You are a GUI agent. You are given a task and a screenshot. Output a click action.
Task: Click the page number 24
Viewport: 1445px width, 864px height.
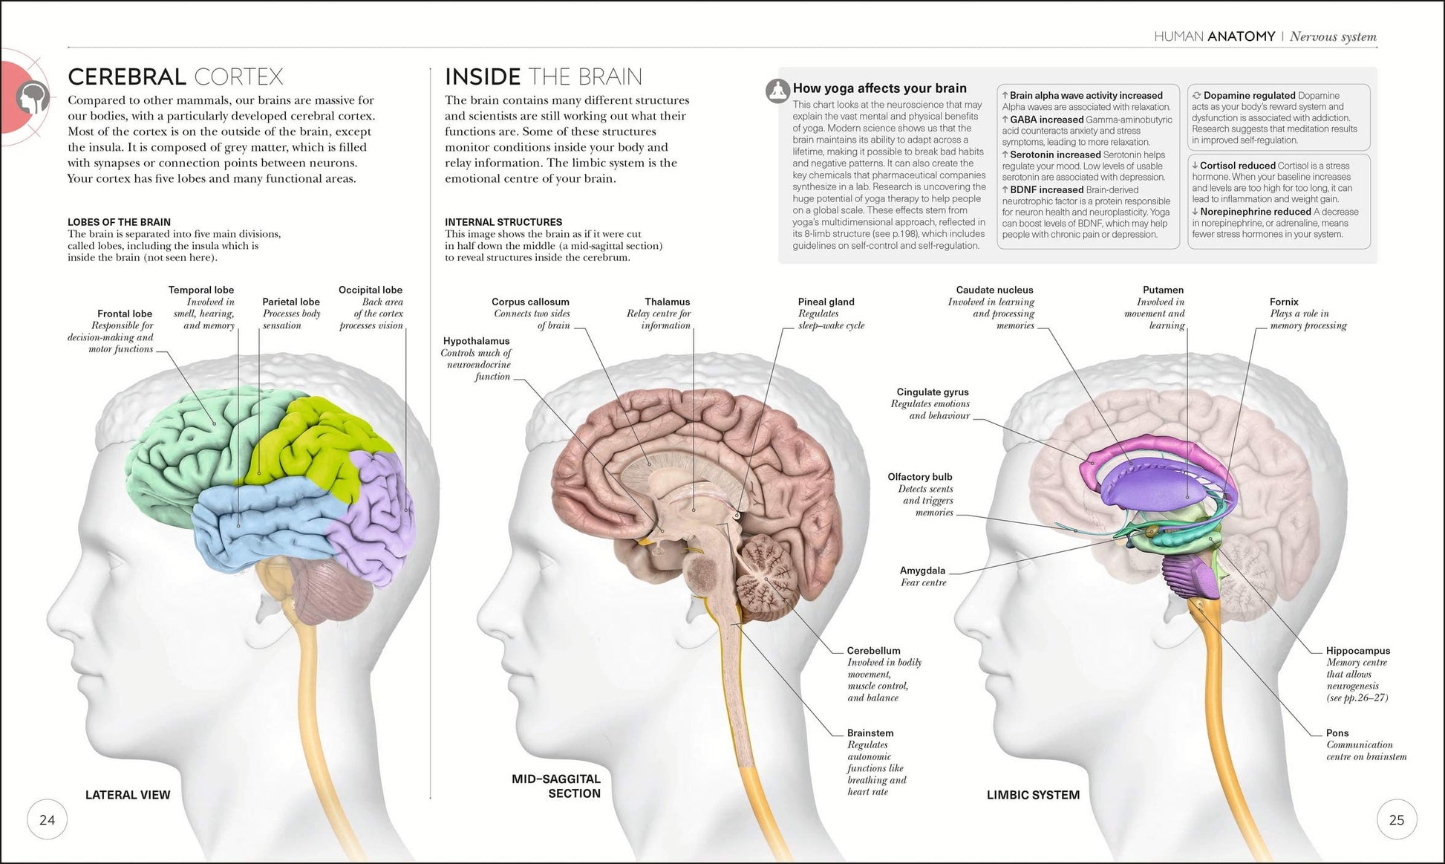pyautogui.click(x=47, y=820)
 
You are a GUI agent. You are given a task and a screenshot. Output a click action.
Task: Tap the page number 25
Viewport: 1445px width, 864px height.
pyautogui.click(x=1396, y=820)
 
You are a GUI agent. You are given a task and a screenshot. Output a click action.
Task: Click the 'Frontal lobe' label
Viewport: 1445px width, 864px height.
pyautogui.click(x=125, y=314)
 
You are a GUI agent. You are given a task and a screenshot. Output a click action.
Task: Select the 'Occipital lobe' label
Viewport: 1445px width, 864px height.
pyautogui.click(x=371, y=290)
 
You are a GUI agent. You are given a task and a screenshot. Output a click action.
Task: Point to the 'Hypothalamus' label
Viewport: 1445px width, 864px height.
pyautogui.click(x=477, y=341)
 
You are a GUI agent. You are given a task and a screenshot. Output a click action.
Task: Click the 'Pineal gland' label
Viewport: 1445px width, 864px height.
pyautogui.click(x=826, y=302)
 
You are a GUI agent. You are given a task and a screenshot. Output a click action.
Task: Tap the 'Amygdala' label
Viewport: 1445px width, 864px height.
pyautogui.click(x=923, y=571)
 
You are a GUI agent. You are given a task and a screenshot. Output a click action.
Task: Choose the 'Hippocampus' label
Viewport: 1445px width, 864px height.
pyautogui.click(x=1358, y=651)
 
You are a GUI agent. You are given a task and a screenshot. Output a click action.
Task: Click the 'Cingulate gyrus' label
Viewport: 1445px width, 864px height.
pyautogui.click(x=933, y=392)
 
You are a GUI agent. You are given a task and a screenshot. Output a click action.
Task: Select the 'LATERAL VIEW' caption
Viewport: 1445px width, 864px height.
pyautogui.click(x=128, y=795)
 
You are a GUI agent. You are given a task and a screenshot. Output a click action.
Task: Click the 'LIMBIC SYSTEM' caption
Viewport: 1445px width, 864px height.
pyautogui.click(x=1033, y=795)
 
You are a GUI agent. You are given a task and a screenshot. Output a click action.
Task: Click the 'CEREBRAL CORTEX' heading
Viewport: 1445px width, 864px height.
pyautogui.click(x=175, y=77)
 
